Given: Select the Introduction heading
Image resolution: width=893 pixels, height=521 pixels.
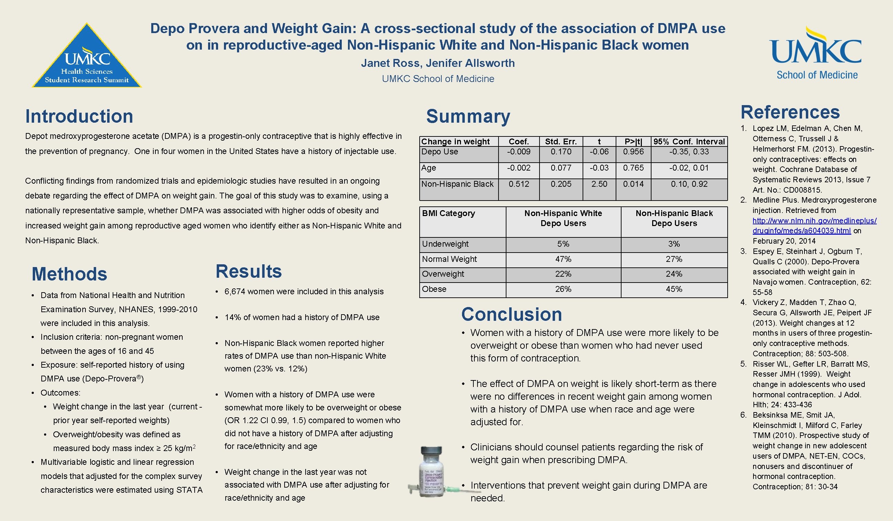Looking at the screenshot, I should (x=79, y=116).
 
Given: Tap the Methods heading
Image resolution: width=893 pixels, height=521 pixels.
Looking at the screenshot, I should (x=70, y=274).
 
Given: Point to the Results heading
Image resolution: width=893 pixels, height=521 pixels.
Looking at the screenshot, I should (x=248, y=272).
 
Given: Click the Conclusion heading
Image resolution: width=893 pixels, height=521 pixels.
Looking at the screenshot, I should (x=511, y=314).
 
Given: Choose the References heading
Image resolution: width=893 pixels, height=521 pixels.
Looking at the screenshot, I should (x=790, y=112).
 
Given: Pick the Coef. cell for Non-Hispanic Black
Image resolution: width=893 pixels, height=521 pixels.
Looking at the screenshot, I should (x=519, y=184).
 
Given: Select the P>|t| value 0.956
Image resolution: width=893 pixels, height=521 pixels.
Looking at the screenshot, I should (x=633, y=152).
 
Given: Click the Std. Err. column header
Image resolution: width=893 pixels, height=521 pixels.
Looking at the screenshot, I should (x=561, y=142).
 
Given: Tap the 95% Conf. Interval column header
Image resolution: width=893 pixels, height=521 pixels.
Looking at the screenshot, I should (x=689, y=142).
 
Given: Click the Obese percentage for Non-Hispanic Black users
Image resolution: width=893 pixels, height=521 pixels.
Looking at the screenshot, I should (x=674, y=289).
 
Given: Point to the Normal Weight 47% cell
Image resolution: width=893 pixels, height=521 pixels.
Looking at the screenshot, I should (x=563, y=259).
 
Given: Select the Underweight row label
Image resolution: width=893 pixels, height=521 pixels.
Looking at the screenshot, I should (x=445, y=244).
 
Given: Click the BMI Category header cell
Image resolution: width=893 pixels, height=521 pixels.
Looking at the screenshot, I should (x=448, y=213).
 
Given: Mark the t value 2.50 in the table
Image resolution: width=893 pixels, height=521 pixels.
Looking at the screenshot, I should (x=599, y=184).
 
